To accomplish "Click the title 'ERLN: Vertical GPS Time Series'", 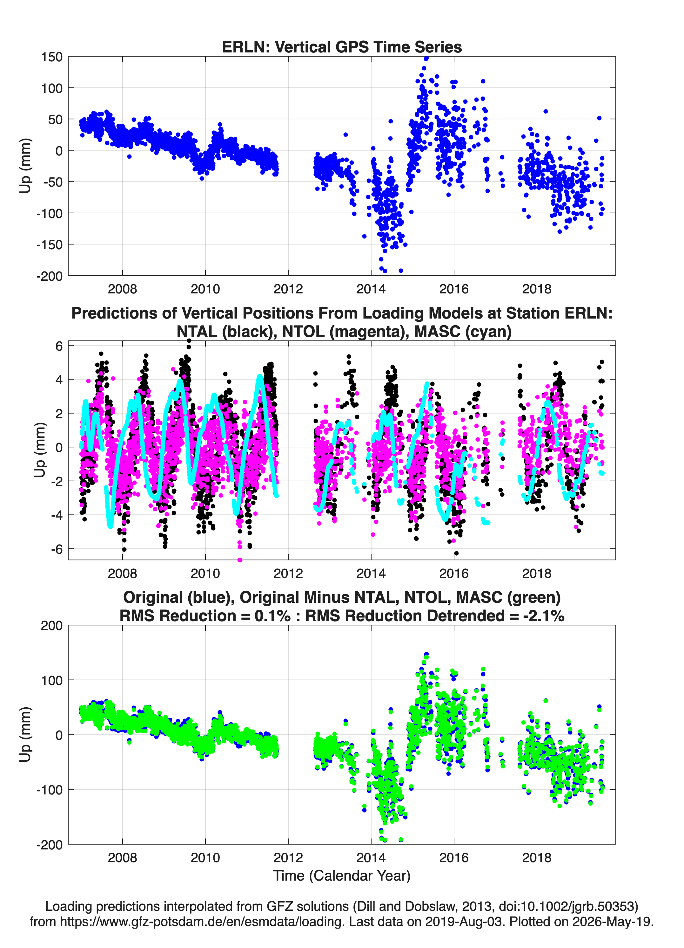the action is tap(342, 47).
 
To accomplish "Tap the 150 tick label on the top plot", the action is tap(52, 57).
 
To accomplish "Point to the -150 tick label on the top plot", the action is tap(49, 244).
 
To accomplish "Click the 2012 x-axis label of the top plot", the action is tap(288, 289).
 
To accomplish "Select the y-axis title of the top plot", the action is tap(25, 166).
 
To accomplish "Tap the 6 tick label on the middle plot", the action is tap(59, 346).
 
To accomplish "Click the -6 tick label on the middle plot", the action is tap(57, 549).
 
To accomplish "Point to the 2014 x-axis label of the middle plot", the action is tap(371, 574).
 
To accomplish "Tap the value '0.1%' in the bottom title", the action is tap(272, 616).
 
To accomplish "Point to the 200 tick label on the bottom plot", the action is tap(52, 626).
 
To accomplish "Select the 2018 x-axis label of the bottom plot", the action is tap(537, 858).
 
